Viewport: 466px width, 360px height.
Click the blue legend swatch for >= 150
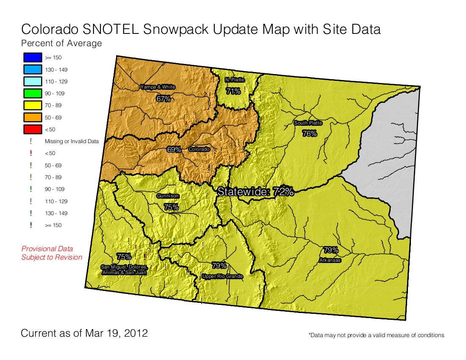pos(32,57)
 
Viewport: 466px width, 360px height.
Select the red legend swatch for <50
pos(32,129)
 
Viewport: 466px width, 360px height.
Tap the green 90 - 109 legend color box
pos(32,93)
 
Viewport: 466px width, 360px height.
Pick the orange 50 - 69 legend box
pos(32,117)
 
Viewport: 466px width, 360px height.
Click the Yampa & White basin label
pos(158,87)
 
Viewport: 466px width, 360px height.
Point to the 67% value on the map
pos(163,99)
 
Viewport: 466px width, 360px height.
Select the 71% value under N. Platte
pos(233,91)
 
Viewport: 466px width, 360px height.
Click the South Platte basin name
pos(308,123)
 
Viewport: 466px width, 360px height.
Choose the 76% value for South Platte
pos(310,133)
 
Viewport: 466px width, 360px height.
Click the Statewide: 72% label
pos(255,191)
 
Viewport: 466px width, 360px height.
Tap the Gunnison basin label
pos(168,196)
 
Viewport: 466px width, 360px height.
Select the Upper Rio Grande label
pos(222,277)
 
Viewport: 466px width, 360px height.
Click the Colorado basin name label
pos(199,150)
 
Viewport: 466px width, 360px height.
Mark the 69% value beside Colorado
pos(174,150)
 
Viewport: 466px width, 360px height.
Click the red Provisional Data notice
pos(52,253)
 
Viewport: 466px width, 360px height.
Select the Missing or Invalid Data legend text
pos(72,141)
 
